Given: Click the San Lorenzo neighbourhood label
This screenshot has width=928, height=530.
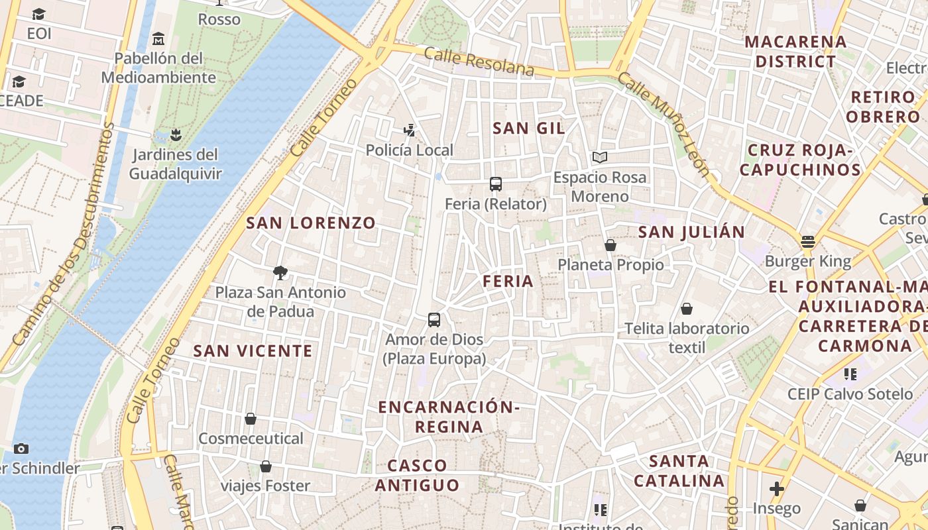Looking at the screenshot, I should (x=311, y=223).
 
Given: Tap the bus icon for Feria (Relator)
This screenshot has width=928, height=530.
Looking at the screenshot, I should (x=495, y=184).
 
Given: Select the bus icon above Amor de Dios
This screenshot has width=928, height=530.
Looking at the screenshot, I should (x=434, y=320).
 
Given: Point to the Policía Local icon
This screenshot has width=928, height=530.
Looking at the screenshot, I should (x=410, y=131).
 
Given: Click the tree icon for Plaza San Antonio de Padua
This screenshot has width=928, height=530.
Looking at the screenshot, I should (x=280, y=272).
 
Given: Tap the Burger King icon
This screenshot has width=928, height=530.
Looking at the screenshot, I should (x=807, y=242).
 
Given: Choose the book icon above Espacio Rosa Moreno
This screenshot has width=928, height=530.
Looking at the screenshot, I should (x=600, y=158).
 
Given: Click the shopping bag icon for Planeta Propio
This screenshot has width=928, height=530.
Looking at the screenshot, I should (x=610, y=245).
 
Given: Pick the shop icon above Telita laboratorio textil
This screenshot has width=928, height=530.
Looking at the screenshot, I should (x=687, y=309).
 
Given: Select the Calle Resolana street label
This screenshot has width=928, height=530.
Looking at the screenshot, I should (x=479, y=61).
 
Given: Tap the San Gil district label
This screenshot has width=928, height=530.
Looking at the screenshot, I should (x=529, y=129).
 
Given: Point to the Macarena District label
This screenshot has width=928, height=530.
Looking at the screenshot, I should (x=795, y=52).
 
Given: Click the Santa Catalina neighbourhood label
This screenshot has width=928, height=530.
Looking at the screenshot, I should (x=679, y=470).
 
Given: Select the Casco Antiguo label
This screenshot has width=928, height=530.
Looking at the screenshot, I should (x=418, y=475).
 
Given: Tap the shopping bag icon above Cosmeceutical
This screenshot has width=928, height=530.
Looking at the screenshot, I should (x=251, y=419).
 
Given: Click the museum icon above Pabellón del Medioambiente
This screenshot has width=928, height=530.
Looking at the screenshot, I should (x=158, y=38).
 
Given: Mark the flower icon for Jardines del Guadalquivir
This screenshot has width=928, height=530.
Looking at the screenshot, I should (x=175, y=135).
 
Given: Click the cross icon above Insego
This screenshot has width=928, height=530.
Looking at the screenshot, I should (x=776, y=489).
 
